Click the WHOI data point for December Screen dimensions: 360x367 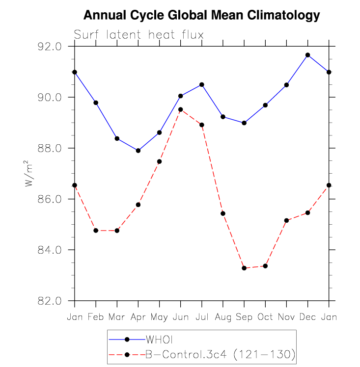tap(308, 55)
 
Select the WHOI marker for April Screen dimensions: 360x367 tap(138, 151)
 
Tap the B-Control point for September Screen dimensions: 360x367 tap(244, 268)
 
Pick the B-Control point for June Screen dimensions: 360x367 tap(181, 109)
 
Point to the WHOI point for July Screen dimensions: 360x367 tap(202, 84)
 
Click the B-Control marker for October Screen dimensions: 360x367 tap(265, 266)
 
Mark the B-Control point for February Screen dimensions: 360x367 tap(96, 231)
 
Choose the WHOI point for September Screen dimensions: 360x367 tap(244, 123)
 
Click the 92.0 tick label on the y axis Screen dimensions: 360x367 tap(50, 47)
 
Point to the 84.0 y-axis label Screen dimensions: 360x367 tap(50, 250)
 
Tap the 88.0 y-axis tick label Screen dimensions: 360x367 tap(50, 148)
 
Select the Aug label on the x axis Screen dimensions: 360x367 tap(223, 317)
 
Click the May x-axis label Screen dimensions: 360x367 tap(159, 317)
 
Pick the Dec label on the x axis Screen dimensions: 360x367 tap(308, 317)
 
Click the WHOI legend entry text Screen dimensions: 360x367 tap(159, 340)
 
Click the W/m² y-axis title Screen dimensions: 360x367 tap(29, 173)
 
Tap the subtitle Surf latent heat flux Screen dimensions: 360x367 tap(138, 35)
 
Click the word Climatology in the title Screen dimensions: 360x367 tap(283, 16)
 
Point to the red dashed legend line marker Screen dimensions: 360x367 tap(127, 355)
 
